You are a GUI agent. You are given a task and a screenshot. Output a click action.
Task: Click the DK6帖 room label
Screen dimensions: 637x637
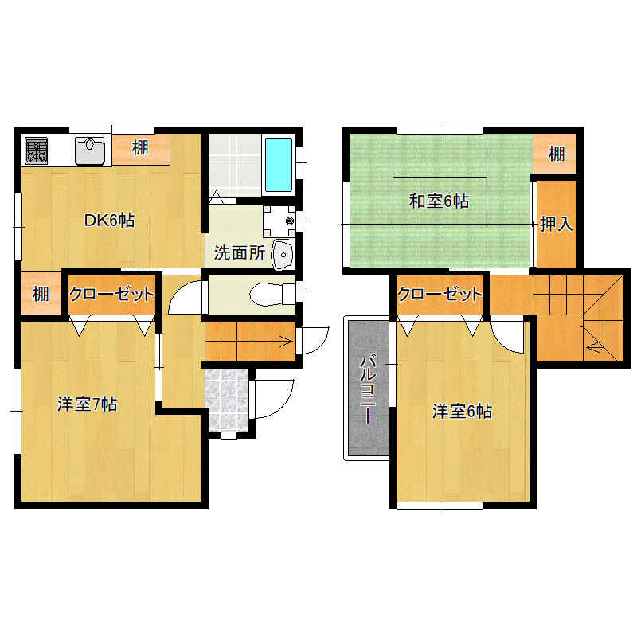[x=110, y=221]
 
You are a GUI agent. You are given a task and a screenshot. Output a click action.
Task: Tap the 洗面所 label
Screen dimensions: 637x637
[x=239, y=254]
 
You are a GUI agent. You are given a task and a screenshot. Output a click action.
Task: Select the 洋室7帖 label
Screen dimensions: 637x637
[x=88, y=404]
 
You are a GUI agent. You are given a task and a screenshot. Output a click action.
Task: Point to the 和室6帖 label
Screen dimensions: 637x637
[x=439, y=201]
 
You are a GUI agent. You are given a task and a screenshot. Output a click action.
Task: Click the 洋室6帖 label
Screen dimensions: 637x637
[x=462, y=412]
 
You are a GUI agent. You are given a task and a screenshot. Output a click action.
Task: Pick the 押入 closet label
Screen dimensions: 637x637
[x=557, y=224]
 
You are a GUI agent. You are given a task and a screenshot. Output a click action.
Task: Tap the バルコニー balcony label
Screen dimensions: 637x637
[x=367, y=388]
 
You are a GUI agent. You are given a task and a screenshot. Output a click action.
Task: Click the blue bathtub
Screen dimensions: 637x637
[x=278, y=165]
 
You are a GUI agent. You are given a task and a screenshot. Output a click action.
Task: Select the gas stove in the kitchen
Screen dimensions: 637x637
[x=37, y=150]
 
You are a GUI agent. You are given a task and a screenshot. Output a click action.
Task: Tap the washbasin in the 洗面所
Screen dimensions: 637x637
[x=283, y=254]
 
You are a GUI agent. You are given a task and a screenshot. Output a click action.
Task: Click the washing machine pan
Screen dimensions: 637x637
[x=278, y=217]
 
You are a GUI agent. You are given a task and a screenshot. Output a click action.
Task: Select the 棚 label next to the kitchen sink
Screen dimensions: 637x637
[x=140, y=147]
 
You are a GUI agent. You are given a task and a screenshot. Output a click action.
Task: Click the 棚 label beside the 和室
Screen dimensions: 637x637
[x=557, y=153]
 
